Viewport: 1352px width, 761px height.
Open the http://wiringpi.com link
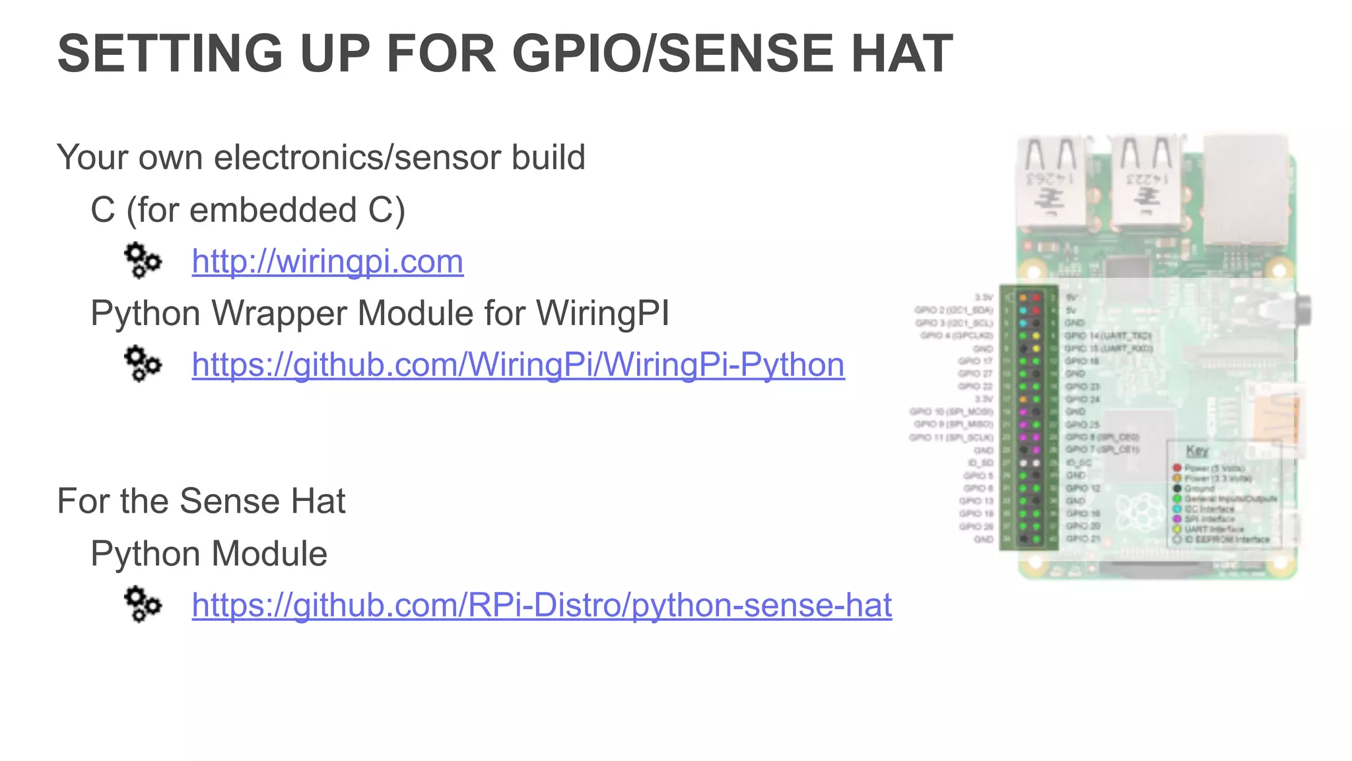point(327,261)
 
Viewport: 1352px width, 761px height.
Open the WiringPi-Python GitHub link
point(518,364)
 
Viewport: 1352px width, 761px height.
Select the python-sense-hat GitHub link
point(541,604)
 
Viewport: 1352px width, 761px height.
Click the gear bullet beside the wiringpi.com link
point(143,260)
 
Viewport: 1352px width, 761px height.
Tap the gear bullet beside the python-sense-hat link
point(143,604)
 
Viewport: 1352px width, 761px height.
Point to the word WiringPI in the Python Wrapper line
point(602,313)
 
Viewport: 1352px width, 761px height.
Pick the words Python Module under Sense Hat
point(209,554)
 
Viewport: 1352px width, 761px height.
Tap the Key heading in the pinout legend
point(1197,451)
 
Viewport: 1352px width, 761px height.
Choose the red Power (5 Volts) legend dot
point(1176,468)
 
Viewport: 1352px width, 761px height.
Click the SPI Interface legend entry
point(1209,519)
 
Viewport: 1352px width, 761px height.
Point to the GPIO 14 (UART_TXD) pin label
point(1107,336)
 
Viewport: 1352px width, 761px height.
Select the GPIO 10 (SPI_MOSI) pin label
point(951,412)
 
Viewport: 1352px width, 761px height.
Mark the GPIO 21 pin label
point(1083,539)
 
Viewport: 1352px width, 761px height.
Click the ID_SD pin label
point(980,462)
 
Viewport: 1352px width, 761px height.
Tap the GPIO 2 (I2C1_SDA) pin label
point(954,310)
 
